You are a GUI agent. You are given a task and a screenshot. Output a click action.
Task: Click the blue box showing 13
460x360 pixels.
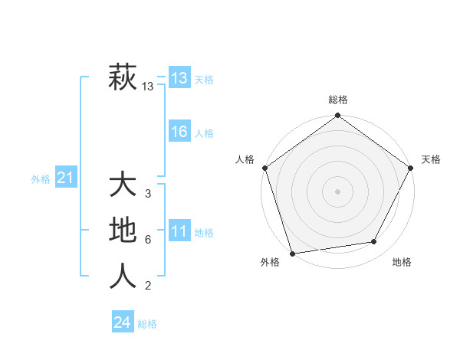coord(179,78)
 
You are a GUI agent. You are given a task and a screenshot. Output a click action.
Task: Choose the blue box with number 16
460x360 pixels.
coord(179,132)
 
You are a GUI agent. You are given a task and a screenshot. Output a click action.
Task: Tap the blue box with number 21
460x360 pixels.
coord(65,178)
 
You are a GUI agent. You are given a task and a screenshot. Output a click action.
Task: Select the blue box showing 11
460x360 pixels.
coord(179,232)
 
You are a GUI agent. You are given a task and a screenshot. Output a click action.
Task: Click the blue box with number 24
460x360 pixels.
coord(122,322)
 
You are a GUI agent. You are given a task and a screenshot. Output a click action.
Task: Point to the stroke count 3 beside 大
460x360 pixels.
coord(148,194)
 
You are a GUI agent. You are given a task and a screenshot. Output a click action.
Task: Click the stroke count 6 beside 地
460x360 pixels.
coord(148,240)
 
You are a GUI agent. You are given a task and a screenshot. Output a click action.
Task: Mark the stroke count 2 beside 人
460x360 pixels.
coord(148,286)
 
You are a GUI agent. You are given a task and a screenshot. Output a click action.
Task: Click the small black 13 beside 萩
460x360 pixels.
coord(148,87)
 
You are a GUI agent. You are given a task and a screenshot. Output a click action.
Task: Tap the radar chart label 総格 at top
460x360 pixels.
coord(338,100)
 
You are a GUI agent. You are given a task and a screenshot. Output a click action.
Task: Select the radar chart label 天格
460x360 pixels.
coord(432,159)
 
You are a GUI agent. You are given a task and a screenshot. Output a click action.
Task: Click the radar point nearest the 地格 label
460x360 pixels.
coord(374,241)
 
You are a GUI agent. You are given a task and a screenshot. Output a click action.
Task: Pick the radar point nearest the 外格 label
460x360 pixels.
coord(293,253)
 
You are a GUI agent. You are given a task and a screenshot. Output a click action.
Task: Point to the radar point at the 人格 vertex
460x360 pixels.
coord(265,167)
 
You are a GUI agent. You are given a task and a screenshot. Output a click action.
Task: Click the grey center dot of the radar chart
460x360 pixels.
coord(338,191)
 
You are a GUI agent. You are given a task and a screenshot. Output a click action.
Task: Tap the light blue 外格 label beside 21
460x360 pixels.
coord(41,179)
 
